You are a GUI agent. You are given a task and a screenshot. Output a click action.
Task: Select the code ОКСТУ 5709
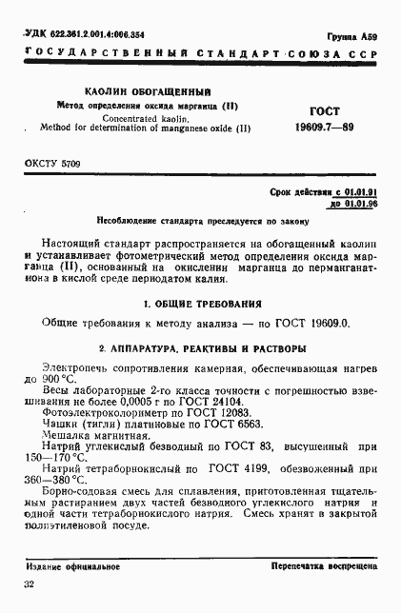tap(52, 165)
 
